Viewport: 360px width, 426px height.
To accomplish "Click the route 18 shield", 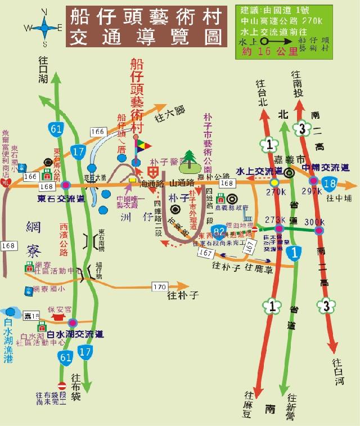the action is pos(330,183).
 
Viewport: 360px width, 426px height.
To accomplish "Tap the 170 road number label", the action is pos(159,287).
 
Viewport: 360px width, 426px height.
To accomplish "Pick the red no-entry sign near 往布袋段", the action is pos(62,386).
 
